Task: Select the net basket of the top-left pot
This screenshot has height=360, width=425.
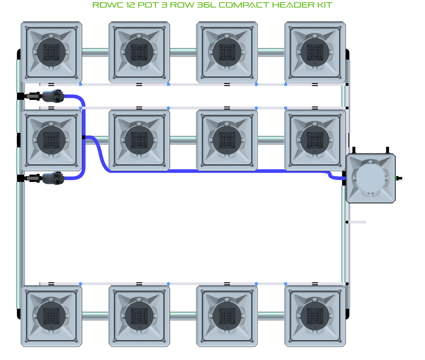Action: (51, 52)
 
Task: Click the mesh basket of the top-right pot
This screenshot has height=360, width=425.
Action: (315, 52)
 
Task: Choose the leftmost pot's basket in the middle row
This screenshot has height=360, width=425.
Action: (51, 140)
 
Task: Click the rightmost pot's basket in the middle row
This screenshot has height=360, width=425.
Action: (315, 140)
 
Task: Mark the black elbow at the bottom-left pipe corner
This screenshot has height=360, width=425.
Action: (19, 314)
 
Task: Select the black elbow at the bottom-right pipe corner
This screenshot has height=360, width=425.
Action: (347, 314)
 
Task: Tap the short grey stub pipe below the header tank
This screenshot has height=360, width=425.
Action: (357, 222)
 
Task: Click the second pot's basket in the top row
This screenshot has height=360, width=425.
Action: (139, 52)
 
